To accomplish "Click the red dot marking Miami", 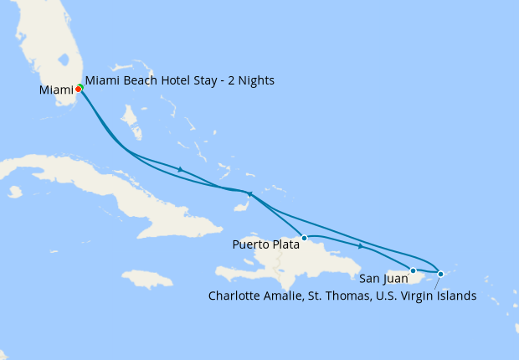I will pyautogui.click(x=78, y=89).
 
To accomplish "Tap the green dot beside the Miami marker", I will pyautogui.click(x=81, y=87).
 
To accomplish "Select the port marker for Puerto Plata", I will pyautogui.click(x=305, y=238).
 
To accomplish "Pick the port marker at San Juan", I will pyautogui.click(x=413, y=270).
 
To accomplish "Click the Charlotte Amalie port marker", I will pyautogui.click(x=441, y=274).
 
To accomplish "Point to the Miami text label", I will pyautogui.click(x=55, y=90).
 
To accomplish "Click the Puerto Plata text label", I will pyautogui.click(x=266, y=245).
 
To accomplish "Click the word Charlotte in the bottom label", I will pyautogui.click(x=235, y=296).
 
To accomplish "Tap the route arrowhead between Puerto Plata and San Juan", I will pyautogui.click(x=361, y=246).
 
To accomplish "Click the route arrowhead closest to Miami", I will pyautogui.click(x=180, y=170).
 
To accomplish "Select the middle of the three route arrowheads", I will pyautogui.click(x=249, y=194).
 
